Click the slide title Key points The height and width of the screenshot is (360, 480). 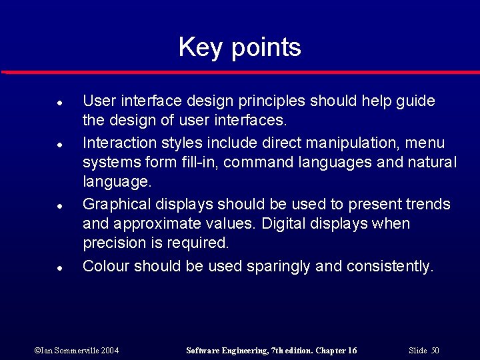(x=239, y=47)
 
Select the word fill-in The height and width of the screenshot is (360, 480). (x=199, y=162)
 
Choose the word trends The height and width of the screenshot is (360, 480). (x=426, y=204)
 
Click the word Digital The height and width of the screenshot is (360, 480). (x=287, y=223)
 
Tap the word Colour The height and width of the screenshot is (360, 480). (x=106, y=266)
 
